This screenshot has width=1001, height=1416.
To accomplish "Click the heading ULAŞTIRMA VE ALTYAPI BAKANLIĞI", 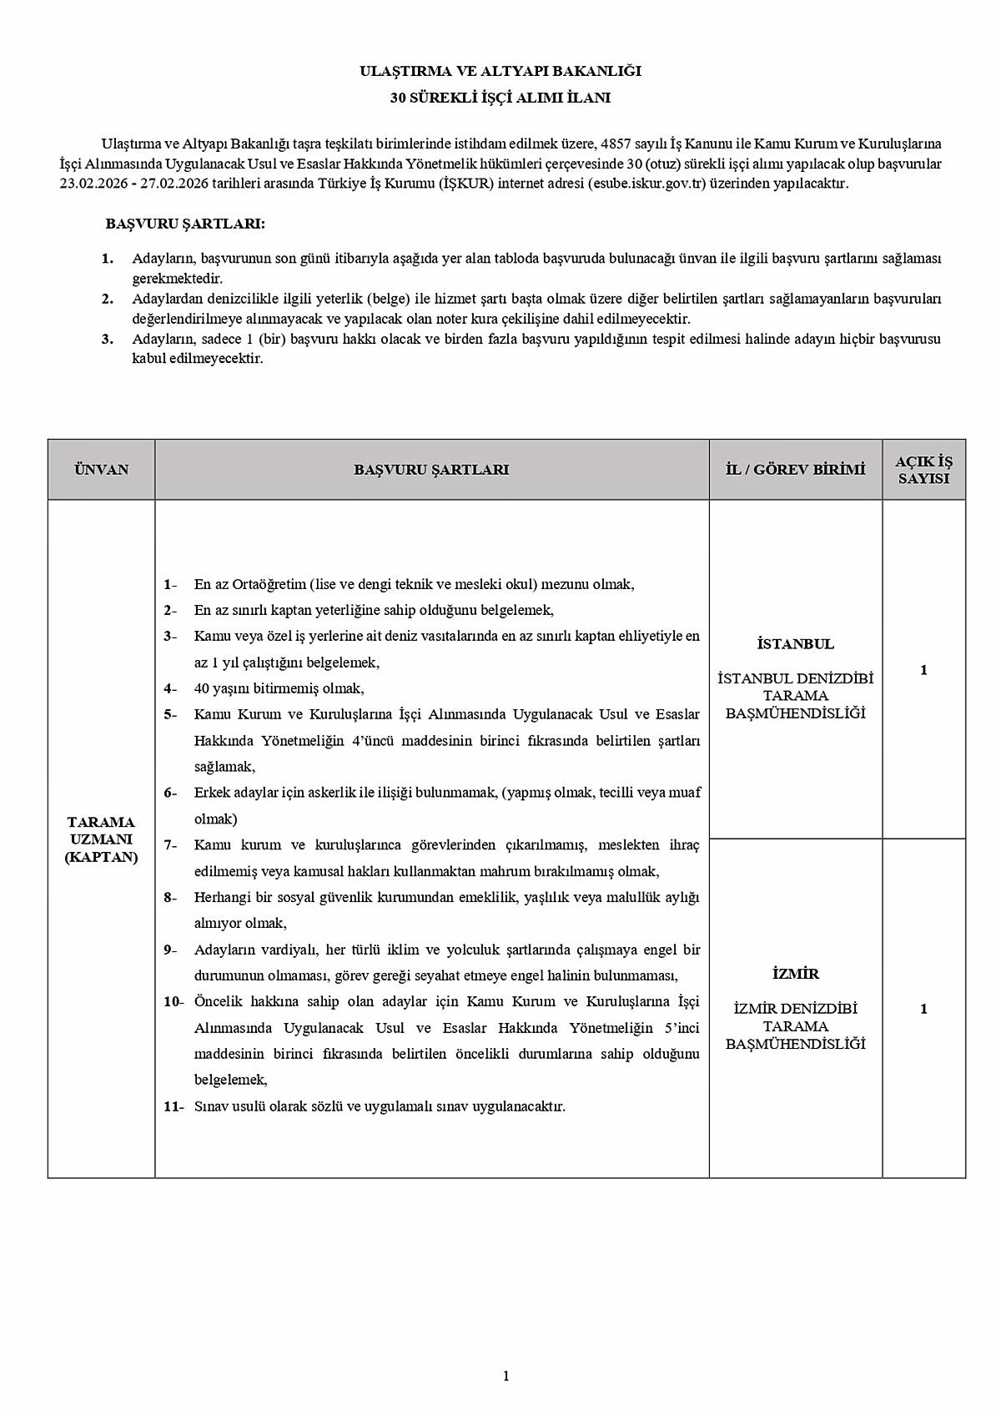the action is (500, 72).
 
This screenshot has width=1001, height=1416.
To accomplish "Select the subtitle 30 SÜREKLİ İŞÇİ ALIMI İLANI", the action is (500, 98).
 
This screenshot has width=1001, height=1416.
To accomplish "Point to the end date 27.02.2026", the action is (173, 184).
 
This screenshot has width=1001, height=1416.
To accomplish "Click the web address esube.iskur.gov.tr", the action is (648, 184).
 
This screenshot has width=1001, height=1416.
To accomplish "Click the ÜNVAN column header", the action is (101, 470).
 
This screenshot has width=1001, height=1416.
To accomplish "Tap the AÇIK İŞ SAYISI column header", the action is (923, 471).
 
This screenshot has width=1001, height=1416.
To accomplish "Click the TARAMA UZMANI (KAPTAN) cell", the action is (101, 839).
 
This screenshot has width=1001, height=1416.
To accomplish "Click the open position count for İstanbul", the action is (923, 670).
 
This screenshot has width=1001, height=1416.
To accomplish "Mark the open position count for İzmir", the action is (923, 1009).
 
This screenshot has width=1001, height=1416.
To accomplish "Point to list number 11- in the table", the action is (174, 1106).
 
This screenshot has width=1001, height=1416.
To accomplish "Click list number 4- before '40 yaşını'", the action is (170, 688).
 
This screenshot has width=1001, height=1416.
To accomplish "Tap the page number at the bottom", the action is (506, 1376).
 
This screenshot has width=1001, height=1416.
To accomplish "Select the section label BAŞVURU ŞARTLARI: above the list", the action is (185, 224).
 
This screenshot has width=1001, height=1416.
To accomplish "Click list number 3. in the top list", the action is (108, 339).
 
